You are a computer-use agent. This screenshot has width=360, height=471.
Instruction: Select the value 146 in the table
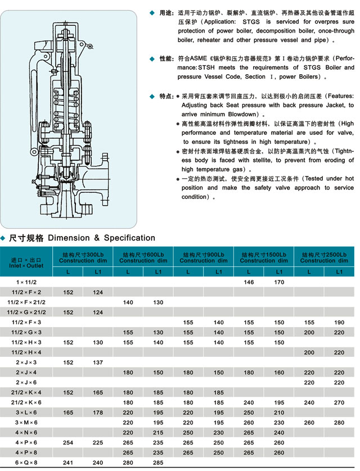tap(248, 282)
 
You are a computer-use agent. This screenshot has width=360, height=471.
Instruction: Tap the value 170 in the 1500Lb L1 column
tap(279, 282)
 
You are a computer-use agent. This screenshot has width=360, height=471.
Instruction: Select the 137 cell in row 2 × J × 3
tap(98, 363)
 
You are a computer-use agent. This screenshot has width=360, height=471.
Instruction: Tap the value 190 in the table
tap(339, 322)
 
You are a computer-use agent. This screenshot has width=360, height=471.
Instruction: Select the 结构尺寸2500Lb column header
tap(324, 257)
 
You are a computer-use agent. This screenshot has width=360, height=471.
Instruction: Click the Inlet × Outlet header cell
tap(25, 262)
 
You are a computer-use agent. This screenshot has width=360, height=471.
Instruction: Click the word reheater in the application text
tap(209, 40)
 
